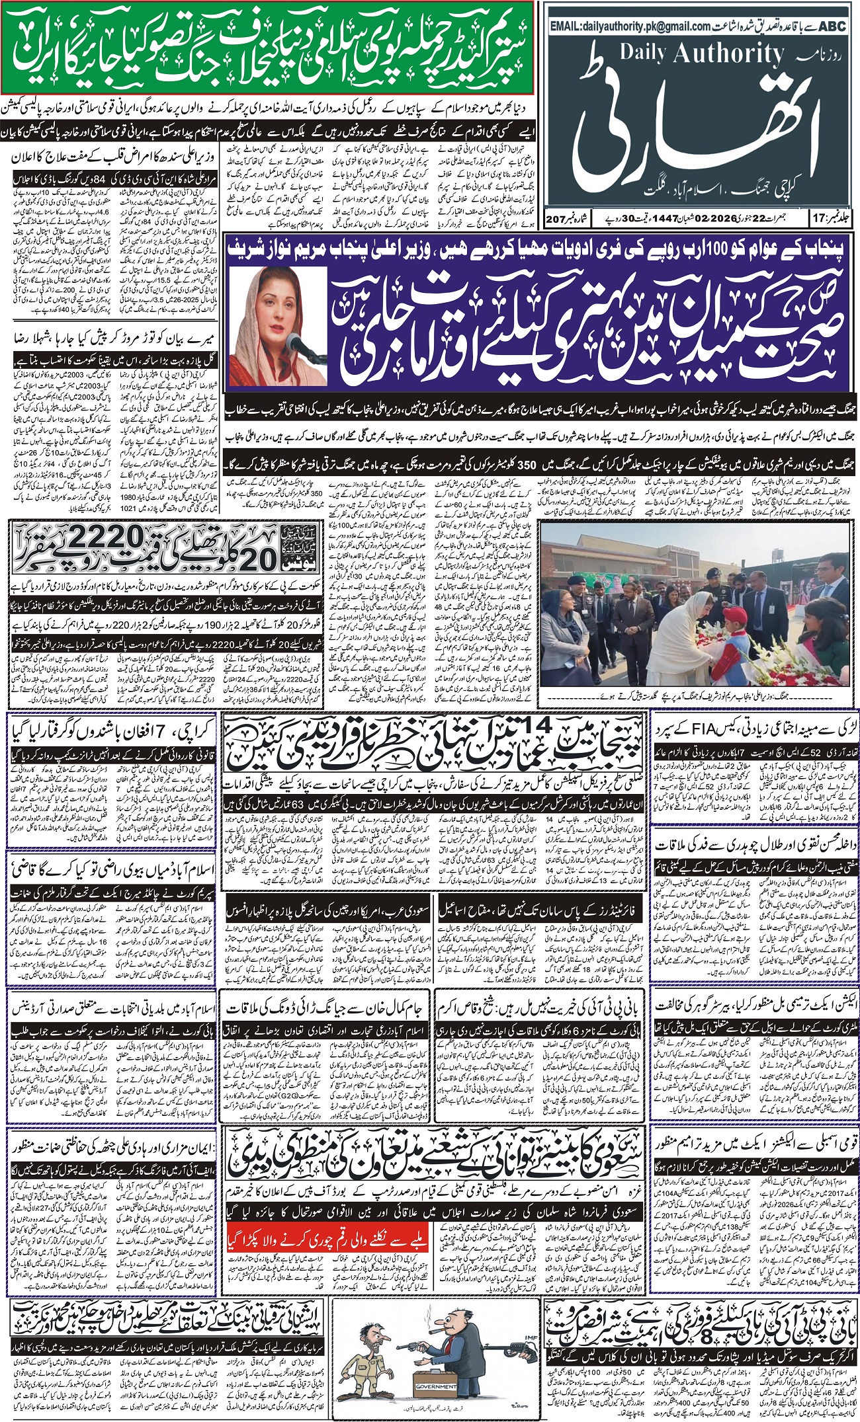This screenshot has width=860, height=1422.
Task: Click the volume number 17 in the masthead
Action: pos(814,217)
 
